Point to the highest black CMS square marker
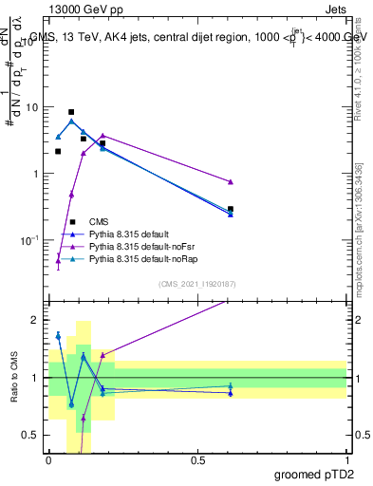71,112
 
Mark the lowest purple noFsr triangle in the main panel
58,261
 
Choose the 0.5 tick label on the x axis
197,460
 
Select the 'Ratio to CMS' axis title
13,378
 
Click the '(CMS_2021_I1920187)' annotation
197,283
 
